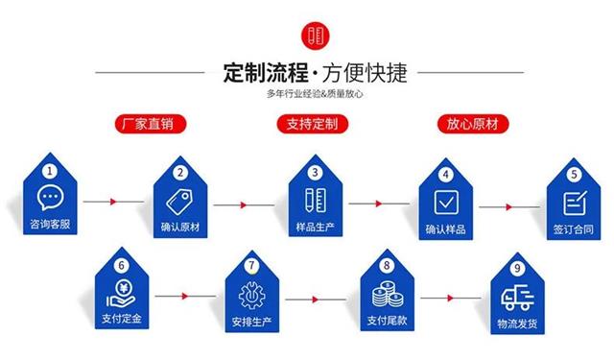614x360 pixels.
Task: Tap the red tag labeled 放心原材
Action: click(477, 124)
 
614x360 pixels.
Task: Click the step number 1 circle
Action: click(49, 171)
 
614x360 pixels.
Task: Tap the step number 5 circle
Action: click(574, 174)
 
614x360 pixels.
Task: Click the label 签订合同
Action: click(574, 230)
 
